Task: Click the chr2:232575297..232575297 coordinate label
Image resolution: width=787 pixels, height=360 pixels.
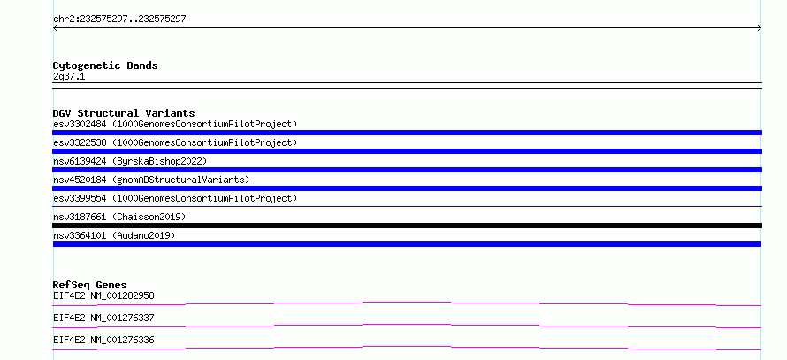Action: click(x=119, y=19)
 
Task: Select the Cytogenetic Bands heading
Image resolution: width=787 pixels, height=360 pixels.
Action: click(x=105, y=65)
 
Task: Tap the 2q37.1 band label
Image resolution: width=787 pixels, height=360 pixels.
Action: click(x=69, y=77)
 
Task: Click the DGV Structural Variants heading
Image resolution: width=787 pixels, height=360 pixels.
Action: click(x=124, y=113)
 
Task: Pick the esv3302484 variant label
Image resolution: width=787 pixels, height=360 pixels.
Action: click(x=175, y=124)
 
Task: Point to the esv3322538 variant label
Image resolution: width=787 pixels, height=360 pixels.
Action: click(x=175, y=142)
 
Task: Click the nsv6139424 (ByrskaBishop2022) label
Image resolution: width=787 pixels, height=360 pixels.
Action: click(x=130, y=161)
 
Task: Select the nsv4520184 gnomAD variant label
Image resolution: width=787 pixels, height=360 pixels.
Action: click(x=151, y=180)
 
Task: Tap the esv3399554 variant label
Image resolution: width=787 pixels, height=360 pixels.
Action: click(x=175, y=198)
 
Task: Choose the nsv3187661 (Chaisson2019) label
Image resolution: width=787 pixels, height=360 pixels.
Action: click(x=119, y=217)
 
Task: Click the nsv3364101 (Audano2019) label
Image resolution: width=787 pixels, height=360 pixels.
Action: click(x=114, y=235)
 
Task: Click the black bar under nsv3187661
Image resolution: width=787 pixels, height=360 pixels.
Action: click(x=407, y=226)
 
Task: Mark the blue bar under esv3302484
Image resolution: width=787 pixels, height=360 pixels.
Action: click(x=407, y=133)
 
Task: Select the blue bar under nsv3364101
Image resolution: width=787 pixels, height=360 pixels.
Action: click(x=407, y=244)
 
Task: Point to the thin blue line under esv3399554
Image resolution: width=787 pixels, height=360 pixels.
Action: click(x=407, y=206)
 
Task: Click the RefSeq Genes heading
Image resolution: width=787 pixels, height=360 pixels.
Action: click(x=90, y=285)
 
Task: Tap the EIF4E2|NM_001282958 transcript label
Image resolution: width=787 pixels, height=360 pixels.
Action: click(x=103, y=295)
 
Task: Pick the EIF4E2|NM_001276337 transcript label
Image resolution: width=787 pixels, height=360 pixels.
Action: click(x=103, y=318)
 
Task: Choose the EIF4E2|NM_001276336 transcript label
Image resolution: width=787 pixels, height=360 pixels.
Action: click(x=103, y=340)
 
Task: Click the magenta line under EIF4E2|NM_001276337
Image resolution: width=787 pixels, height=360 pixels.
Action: click(x=407, y=325)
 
